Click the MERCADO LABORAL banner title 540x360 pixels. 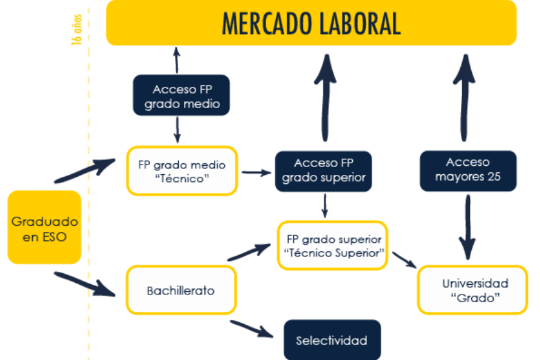coord(311,23)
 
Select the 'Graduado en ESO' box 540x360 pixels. coord(44,228)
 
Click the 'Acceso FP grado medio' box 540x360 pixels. coord(181,96)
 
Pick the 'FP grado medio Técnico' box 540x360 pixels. coord(182,171)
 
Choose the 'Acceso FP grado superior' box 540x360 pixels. coord(323,170)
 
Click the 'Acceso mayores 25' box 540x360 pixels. coord(468,170)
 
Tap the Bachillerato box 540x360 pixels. coord(181,291)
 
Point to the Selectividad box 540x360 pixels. coord(332,340)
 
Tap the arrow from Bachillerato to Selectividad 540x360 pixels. coord(256,328)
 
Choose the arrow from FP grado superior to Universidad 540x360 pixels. coord(405,259)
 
